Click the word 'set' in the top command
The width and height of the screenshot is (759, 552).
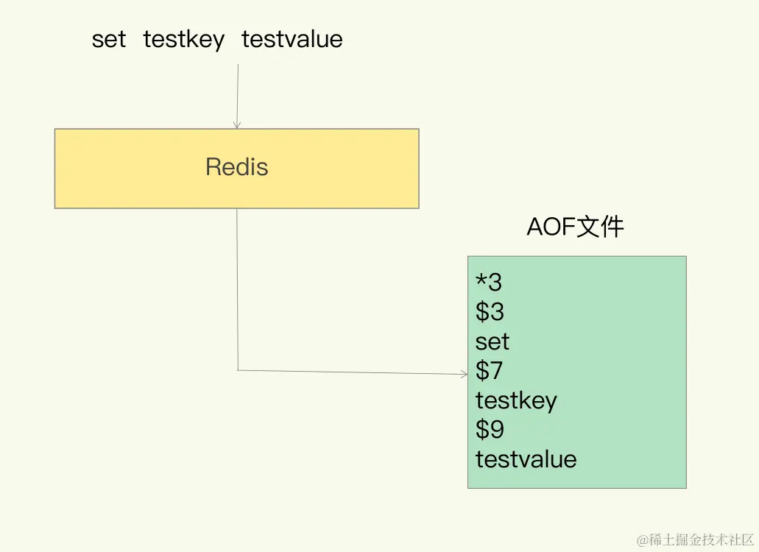pyautogui.click(x=109, y=39)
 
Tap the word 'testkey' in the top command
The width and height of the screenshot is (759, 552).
pyautogui.click(x=184, y=39)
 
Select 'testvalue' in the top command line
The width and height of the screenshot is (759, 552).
pyautogui.click(x=292, y=39)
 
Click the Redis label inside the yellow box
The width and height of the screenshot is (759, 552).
pyautogui.click(x=237, y=167)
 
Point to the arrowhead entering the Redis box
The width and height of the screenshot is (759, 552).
pyautogui.click(x=237, y=125)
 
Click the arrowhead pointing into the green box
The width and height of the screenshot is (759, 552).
pyautogui.click(x=464, y=374)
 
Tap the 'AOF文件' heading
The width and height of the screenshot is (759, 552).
pyautogui.click(x=575, y=227)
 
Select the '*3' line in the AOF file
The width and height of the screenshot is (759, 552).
pyautogui.click(x=489, y=283)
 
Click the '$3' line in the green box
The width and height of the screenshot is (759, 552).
pyautogui.click(x=490, y=312)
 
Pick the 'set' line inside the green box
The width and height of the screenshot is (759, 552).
pyautogui.click(x=493, y=342)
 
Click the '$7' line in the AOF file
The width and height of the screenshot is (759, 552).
pyautogui.click(x=490, y=371)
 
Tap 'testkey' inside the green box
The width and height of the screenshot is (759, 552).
pyautogui.click(x=516, y=400)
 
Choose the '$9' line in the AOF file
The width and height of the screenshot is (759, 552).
pyautogui.click(x=490, y=430)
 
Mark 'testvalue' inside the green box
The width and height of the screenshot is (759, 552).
pyautogui.click(x=526, y=459)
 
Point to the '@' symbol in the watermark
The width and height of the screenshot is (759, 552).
pyautogui.click(x=642, y=539)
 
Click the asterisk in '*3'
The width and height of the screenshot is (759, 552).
pyautogui.click(x=481, y=280)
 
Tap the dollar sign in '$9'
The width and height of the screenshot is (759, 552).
pyautogui.click(x=482, y=430)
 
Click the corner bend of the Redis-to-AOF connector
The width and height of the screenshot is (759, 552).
pyautogui.click(x=238, y=369)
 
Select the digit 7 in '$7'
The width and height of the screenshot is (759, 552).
pyautogui.click(x=497, y=371)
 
